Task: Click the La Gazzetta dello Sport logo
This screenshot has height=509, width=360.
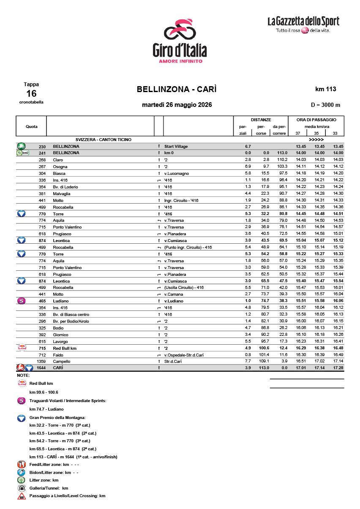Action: (303, 24)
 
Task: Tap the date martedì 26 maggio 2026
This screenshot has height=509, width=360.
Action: (177, 105)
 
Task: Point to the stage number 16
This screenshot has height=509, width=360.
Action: (31, 93)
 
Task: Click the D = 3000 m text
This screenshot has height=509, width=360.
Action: (325, 105)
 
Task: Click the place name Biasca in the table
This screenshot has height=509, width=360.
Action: (59, 173)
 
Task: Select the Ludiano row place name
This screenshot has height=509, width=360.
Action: (60, 301)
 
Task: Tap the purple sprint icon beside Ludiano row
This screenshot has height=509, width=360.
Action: (21, 301)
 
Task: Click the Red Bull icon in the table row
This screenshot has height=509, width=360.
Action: (21, 348)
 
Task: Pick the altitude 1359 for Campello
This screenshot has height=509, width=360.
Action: (41, 362)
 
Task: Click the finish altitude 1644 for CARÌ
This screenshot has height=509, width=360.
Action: (41, 368)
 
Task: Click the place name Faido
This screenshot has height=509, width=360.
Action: (58, 355)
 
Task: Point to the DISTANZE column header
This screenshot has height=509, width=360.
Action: (261, 120)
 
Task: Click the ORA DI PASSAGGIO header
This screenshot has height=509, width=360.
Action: (316, 120)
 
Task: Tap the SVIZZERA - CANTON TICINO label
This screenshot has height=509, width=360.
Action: (103, 139)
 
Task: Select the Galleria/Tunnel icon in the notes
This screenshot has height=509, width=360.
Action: (21, 488)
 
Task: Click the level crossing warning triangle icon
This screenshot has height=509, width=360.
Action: (21, 496)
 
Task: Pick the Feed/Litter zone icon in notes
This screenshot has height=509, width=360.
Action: (22, 464)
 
